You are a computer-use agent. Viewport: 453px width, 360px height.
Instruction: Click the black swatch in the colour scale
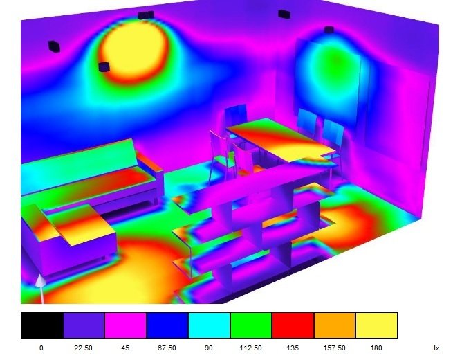click(x=42, y=325)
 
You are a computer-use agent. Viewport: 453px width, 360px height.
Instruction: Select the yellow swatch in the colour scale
click(x=376, y=325)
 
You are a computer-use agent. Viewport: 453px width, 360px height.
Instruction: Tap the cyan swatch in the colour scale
click(x=209, y=325)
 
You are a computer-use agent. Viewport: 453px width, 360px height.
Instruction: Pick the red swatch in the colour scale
click(x=293, y=325)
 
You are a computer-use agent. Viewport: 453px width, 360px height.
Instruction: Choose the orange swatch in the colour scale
click(x=335, y=325)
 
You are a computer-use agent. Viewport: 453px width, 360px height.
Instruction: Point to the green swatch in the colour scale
click(x=251, y=325)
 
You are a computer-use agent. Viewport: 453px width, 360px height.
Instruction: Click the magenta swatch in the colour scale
click(x=125, y=325)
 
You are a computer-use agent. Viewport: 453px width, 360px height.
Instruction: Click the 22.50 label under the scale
click(x=83, y=348)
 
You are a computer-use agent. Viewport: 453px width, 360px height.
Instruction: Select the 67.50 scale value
click(x=167, y=348)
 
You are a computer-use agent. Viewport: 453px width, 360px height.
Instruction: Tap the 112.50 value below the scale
click(x=251, y=348)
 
